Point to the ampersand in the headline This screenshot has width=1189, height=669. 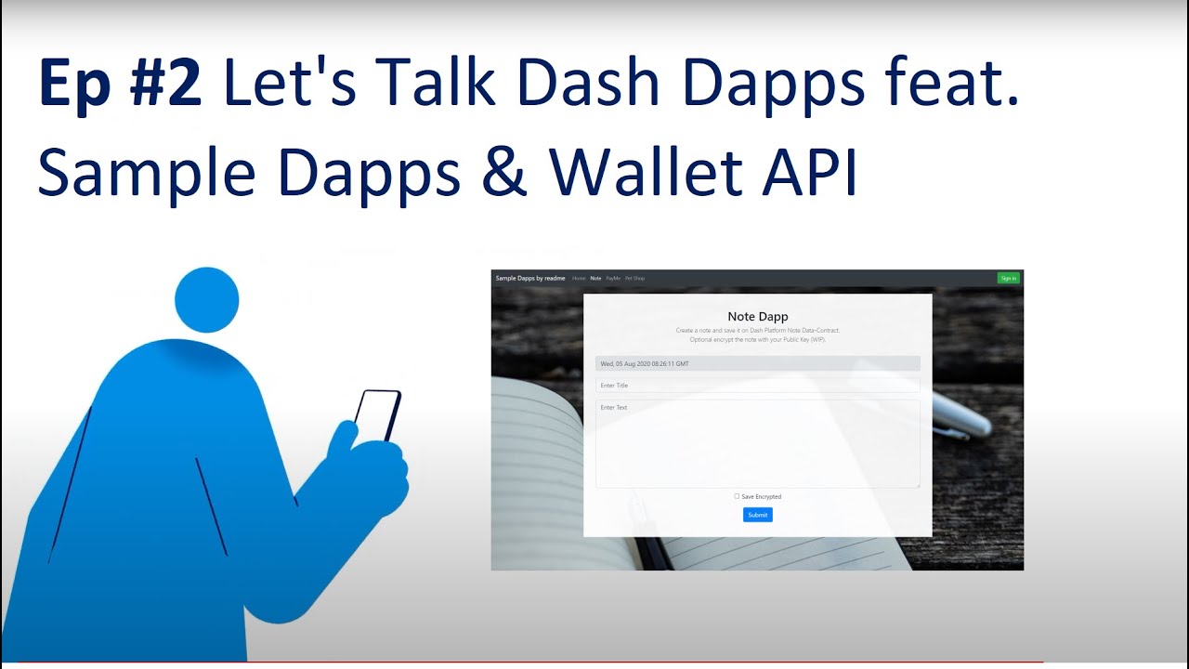(503, 174)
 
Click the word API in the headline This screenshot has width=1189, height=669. (810, 174)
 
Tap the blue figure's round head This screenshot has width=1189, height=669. (206, 300)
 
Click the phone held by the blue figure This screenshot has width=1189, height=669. (377, 415)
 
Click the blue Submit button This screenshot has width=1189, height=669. (757, 515)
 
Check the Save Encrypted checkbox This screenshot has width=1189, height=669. (737, 496)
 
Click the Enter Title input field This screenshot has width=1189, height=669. (757, 385)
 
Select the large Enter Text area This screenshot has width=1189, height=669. (757, 443)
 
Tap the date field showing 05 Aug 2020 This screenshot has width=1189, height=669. (757, 363)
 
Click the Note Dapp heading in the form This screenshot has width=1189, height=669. (757, 317)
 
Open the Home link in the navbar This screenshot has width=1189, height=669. (579, 278)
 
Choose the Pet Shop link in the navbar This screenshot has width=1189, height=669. (634, 278)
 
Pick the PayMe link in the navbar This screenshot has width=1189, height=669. (613, 278)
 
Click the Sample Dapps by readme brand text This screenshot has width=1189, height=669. (530, 278)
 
